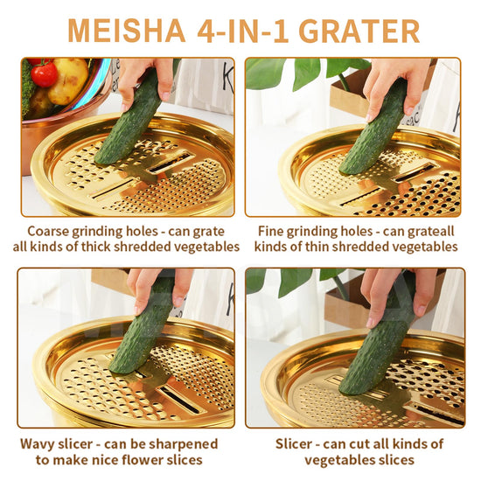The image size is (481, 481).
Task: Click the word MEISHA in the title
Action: [127, 31]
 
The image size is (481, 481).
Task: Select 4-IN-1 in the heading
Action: [242, 31]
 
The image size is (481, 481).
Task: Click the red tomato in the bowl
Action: [45, 74]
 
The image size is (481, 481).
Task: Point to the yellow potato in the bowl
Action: [68, 80]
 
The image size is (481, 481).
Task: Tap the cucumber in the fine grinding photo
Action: [373, 127]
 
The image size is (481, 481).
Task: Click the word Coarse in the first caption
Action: [47, 231]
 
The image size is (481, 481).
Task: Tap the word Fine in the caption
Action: [270, 231]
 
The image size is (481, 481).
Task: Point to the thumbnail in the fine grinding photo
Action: [410, 109]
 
